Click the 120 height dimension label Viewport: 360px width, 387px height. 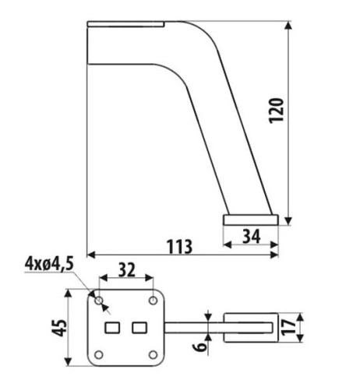click(276, 111)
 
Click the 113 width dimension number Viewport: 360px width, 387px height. click(179, 247)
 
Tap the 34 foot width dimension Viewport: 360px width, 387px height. click(251, 237)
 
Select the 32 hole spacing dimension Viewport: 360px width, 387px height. click(127, 269)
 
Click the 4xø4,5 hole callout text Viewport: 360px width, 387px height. click(49, 264)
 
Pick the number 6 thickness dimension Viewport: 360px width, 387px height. click(200, 346)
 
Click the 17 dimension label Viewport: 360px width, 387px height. click(288, 328)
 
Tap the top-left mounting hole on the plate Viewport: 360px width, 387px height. click(99, 301)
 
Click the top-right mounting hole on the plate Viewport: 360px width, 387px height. click(153, 301)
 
